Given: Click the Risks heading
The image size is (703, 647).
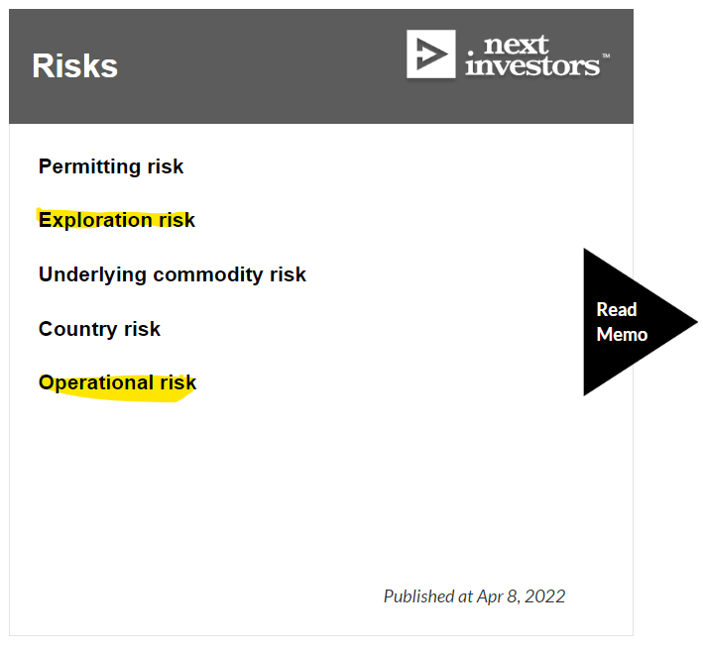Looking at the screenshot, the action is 75,65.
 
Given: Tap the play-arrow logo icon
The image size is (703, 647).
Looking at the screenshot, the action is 431,54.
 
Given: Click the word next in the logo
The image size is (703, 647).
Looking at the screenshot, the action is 516,45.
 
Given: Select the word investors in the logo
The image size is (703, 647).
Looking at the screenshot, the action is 532,65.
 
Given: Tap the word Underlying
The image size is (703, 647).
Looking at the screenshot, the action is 92,274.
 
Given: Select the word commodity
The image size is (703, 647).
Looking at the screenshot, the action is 208,274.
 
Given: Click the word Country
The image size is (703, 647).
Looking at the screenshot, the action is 78,329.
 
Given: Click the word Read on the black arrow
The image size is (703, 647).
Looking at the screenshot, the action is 617,309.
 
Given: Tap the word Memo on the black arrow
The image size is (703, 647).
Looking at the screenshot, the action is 622,334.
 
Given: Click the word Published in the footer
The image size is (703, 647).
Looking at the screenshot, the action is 419,596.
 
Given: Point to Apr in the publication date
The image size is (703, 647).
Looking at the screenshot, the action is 490,597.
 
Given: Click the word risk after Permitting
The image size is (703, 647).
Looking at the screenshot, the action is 166,166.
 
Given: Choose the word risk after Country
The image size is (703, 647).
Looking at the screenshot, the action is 142,329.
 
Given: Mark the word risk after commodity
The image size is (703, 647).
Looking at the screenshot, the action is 288,274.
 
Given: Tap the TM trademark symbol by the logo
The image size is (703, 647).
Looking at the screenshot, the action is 606,56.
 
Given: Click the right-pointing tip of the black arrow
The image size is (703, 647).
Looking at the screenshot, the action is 697,321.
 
